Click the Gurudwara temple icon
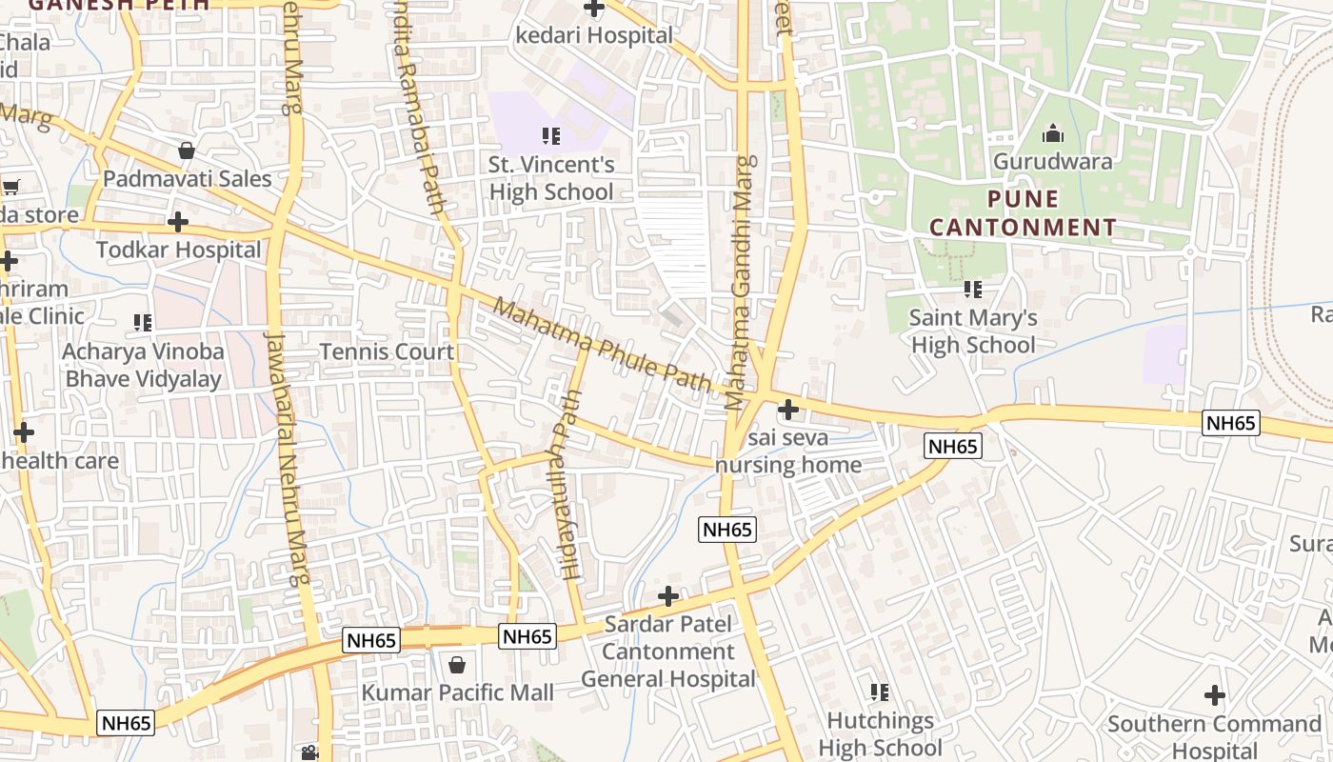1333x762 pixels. [x=1052, y=133]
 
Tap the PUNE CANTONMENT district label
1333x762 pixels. [x=1023, y=213]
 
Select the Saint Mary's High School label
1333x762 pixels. [x=972, y=331]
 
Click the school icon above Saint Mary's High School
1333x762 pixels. [x=972, y=289]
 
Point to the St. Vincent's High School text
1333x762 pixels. [x=551, y=178]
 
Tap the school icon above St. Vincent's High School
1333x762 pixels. [x=550, y=136]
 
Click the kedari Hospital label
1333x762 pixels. [x=594, y=35]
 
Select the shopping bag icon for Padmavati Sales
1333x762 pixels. [x=187, y=150]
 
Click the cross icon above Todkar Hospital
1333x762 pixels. [x=177, y=222]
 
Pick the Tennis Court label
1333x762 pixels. [x=387, y=351]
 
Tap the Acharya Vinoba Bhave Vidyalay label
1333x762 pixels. [x=143, y=365]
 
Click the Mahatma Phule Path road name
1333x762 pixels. [x=603, y=347]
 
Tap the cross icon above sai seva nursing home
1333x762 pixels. [x=788, y=410]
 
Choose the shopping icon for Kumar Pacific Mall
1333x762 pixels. [x=457, y=664]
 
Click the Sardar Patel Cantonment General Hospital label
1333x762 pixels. [x=667, y=652]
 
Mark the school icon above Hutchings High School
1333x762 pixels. [x=880, y=692]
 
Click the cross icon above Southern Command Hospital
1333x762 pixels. [x=1215, y=695]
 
